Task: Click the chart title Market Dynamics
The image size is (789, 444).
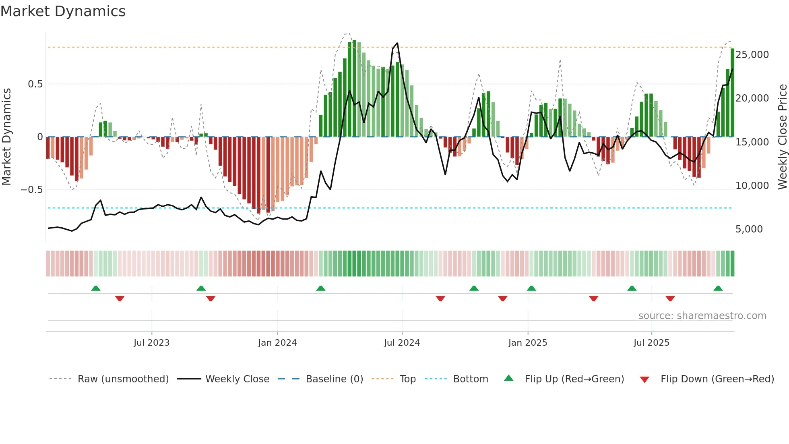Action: click(63, 11)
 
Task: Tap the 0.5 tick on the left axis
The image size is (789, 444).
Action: click(35, 84)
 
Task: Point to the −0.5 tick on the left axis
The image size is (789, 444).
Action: click(32, 190)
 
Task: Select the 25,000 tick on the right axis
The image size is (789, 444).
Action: click(752, 55)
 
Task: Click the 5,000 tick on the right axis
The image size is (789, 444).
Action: click(749, 229)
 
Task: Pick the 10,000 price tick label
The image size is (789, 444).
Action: click(752, 186)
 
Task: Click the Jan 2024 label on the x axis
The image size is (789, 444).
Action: click(277, 343)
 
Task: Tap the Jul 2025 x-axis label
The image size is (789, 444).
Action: click(651, 343)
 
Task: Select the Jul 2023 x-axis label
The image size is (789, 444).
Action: click(152, 343)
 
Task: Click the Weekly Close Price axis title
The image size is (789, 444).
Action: click(782, 137)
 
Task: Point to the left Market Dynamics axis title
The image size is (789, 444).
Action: click(6, 137)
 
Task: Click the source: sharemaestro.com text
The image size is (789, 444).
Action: click(702, 316)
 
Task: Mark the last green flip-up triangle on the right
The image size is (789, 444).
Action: click(718, 288)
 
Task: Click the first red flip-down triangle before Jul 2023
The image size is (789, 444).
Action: click(120, 299)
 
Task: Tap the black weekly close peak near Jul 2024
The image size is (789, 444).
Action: click(397, 43)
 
